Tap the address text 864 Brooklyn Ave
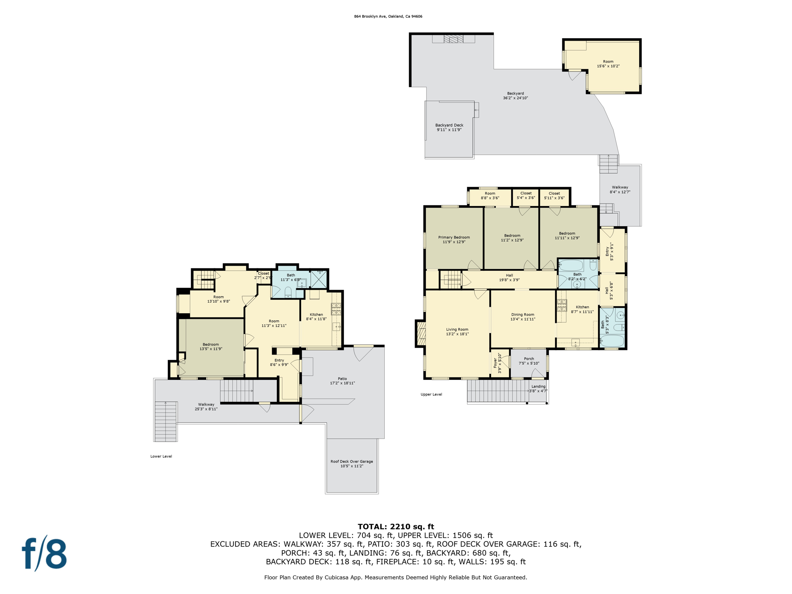coord(388,16)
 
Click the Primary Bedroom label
coord(454,237)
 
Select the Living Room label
coord(457,329)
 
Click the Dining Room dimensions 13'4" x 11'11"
coord(522,319)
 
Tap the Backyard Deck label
coord(449,125)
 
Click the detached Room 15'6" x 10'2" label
coord(608,64)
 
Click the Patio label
coord(342,379)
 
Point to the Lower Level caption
coord(161,456)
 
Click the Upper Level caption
coord(431,394)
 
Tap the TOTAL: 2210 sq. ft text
coord(396,527)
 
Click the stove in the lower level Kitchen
coord(336,308)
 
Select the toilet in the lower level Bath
coord(288,292)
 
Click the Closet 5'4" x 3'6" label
coord(526,193)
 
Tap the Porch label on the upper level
coord(529,359)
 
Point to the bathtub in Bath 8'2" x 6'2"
coord(571,266)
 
